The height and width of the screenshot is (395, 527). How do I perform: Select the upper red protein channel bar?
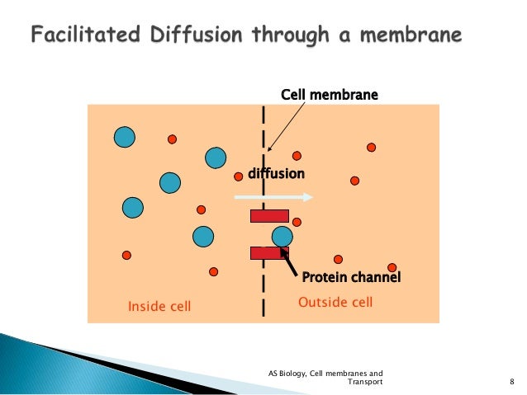[x=269, y=216]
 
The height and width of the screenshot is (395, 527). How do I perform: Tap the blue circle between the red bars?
[x=282, y=236]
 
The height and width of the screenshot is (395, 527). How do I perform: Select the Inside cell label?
[x=159, y=307]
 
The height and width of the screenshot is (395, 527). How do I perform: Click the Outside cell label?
[x=335, y=303]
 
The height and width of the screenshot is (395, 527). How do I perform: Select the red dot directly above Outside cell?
[x=337, y=259]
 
